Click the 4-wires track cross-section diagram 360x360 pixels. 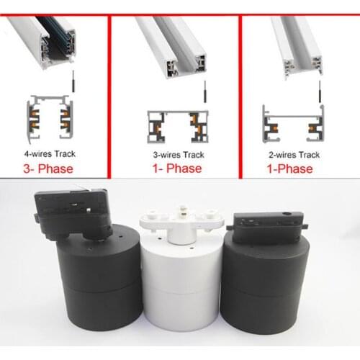(x=49, y=119)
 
